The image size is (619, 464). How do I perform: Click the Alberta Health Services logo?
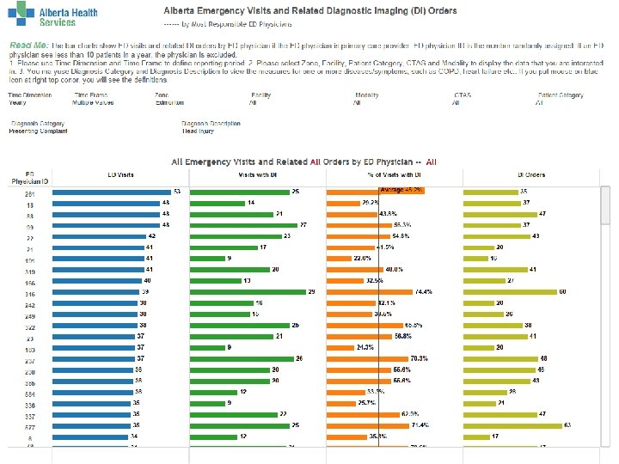[53, 17]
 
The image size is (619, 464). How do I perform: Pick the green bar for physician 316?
[247, 291]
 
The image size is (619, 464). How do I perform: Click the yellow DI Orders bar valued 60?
[511, 291]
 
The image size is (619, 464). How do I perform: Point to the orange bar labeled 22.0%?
[340, 258]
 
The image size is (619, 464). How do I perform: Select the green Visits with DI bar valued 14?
[215, 202]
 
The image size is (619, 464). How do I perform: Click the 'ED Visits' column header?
[120, 174]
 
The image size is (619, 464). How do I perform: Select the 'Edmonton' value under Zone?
[169, 102]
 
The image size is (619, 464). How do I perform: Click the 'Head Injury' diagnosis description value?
[198, 131]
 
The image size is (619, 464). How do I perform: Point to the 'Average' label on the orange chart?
[391, 188]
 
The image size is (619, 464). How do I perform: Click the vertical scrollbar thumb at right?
[605, 206]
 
